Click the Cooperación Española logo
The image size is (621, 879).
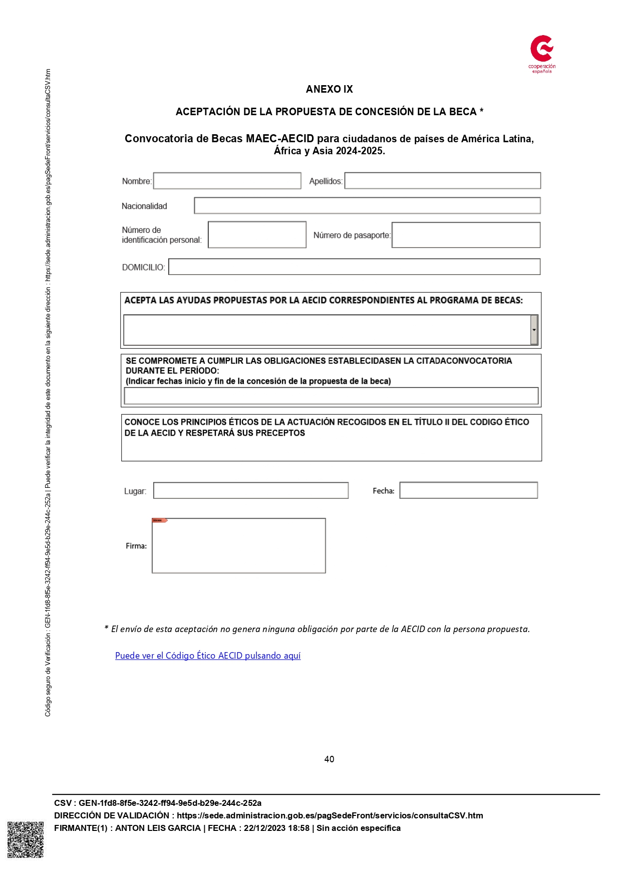click(542, 53)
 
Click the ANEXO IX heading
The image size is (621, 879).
click(329, 89)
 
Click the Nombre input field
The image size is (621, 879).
click(227, 181)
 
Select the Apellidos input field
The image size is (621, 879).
click(442, 181)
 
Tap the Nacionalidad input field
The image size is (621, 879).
click(367, 205)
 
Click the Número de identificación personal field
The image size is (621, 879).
click(257, 234)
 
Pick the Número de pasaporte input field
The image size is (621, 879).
click(466, 235)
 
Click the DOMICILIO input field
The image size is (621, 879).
click(354, 266)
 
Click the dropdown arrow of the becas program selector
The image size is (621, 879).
click(534, 330)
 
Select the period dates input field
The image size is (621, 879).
click(331, 396)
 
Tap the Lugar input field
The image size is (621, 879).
click(250, 490)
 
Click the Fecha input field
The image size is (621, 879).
click(468, 490)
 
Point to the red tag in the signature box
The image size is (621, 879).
click(159, 520)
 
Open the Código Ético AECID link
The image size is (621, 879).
click(208, 656)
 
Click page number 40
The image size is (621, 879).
click(329, 759)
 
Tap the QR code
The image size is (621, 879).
click(26, 839)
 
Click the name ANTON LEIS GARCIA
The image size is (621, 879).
click(158, 828)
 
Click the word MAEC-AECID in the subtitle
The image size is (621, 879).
click(279, 139)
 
